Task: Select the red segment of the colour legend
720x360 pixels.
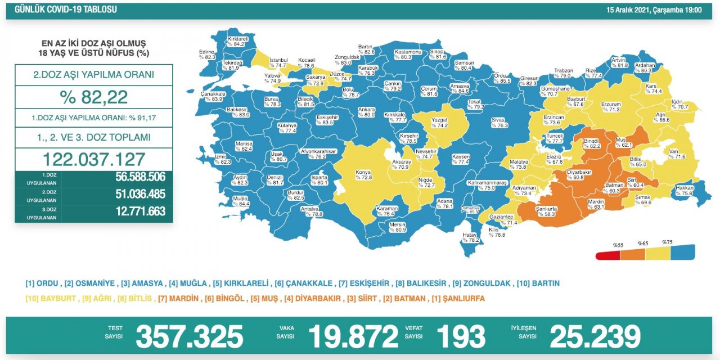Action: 608,253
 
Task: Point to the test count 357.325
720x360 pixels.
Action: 189,336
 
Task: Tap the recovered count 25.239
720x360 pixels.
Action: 595,336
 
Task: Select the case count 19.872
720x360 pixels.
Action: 353,336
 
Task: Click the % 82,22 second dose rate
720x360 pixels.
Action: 93,97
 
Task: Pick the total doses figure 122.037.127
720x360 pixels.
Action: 93,159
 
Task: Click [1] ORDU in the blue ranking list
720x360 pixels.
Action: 43,283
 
